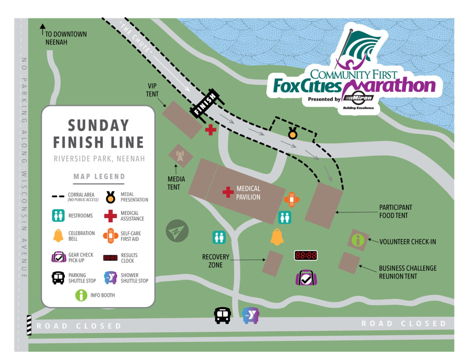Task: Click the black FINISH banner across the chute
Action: point(205,103)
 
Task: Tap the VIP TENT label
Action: point(152,90)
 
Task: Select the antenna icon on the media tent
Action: point(180,156)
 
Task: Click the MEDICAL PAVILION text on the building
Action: point(248,193)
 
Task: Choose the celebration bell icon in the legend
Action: point(58,236)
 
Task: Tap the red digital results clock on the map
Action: point(306,255)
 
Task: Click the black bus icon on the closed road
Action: point(222,315)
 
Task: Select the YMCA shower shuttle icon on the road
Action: point(251,315)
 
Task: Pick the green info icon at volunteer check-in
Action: point(358,240)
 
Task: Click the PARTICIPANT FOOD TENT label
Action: point(395,211)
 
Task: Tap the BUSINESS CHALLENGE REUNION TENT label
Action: point(408,272)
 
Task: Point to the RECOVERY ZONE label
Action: point(216,261)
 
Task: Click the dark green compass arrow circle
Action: point(177,231)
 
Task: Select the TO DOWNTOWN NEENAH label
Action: point(66,38)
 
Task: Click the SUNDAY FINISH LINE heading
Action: point(98,134)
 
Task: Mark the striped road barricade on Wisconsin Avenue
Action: point(29,325)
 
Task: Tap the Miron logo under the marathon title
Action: point(358,98)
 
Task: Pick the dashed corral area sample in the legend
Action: point(58,196)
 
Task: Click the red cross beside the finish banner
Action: point(210,130)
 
